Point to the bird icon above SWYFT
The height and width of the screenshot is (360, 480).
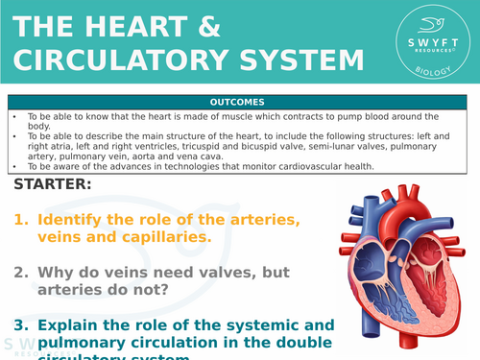[x=428, y=27]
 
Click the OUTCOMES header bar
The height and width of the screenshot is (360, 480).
[x=239, y=102]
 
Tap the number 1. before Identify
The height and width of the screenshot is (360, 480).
[x=20, y=220]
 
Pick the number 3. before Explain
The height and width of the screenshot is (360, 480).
[x=20, y=324]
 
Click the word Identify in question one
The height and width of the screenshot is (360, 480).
[x=73, y=220]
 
